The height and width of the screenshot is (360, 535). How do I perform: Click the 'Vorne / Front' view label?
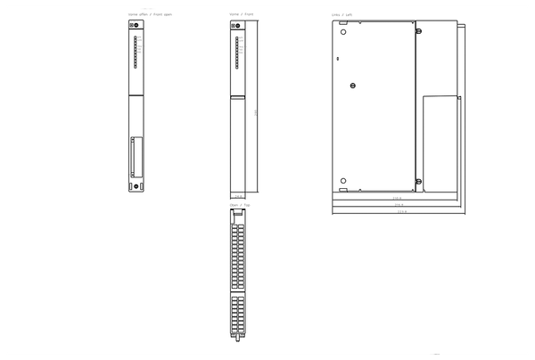(x=241, y=15)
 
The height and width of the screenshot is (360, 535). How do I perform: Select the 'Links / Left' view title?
(x=342, y=15)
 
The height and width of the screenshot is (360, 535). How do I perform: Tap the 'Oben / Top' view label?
(x=240, y=205)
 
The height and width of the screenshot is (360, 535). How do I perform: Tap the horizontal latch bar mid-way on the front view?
(x=236, y=97)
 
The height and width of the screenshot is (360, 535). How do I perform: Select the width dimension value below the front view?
(x=237, y=197)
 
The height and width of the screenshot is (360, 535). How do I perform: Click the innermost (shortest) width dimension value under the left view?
(x=398, y=198)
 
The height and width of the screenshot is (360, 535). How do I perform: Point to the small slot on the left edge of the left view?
(x=337, y=59)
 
